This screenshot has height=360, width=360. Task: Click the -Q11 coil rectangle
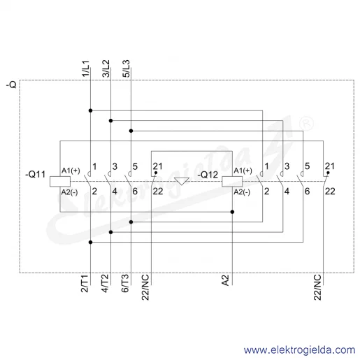[x=60, y=182]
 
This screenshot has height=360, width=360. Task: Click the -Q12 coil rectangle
[x=232, y=182]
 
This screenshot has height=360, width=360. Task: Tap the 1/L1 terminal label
[x=85, y=69]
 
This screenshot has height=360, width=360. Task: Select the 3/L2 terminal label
[x=106, y=69]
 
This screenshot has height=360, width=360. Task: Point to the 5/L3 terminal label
[x=126, y=69]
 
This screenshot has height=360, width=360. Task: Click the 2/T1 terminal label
[x=85, y=284]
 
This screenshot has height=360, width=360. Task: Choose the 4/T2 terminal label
[x=105, y=284]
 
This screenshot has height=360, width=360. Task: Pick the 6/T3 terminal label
[x=125, y=284]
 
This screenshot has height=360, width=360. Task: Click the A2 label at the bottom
[x=225, y=280]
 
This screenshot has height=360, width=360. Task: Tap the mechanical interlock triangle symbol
[x=182, y=181]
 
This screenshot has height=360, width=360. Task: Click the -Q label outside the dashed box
[x=11, y=85]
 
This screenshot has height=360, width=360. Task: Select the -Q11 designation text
[x=35, y=174]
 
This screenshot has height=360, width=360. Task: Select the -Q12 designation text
[x=208, y=175]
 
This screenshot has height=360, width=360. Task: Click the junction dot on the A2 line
[x=232, y=212]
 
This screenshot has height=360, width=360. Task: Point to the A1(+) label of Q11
[x=71, y=171]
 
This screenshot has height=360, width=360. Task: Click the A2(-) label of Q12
[x=242, y=192]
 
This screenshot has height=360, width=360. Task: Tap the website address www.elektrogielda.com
[x=299, y=350]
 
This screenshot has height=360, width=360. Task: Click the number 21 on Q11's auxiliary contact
[x=157, y=166]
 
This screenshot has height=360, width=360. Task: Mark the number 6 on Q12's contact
[x=307, y=192]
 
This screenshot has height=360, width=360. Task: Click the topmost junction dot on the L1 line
[x=91, y=110]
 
